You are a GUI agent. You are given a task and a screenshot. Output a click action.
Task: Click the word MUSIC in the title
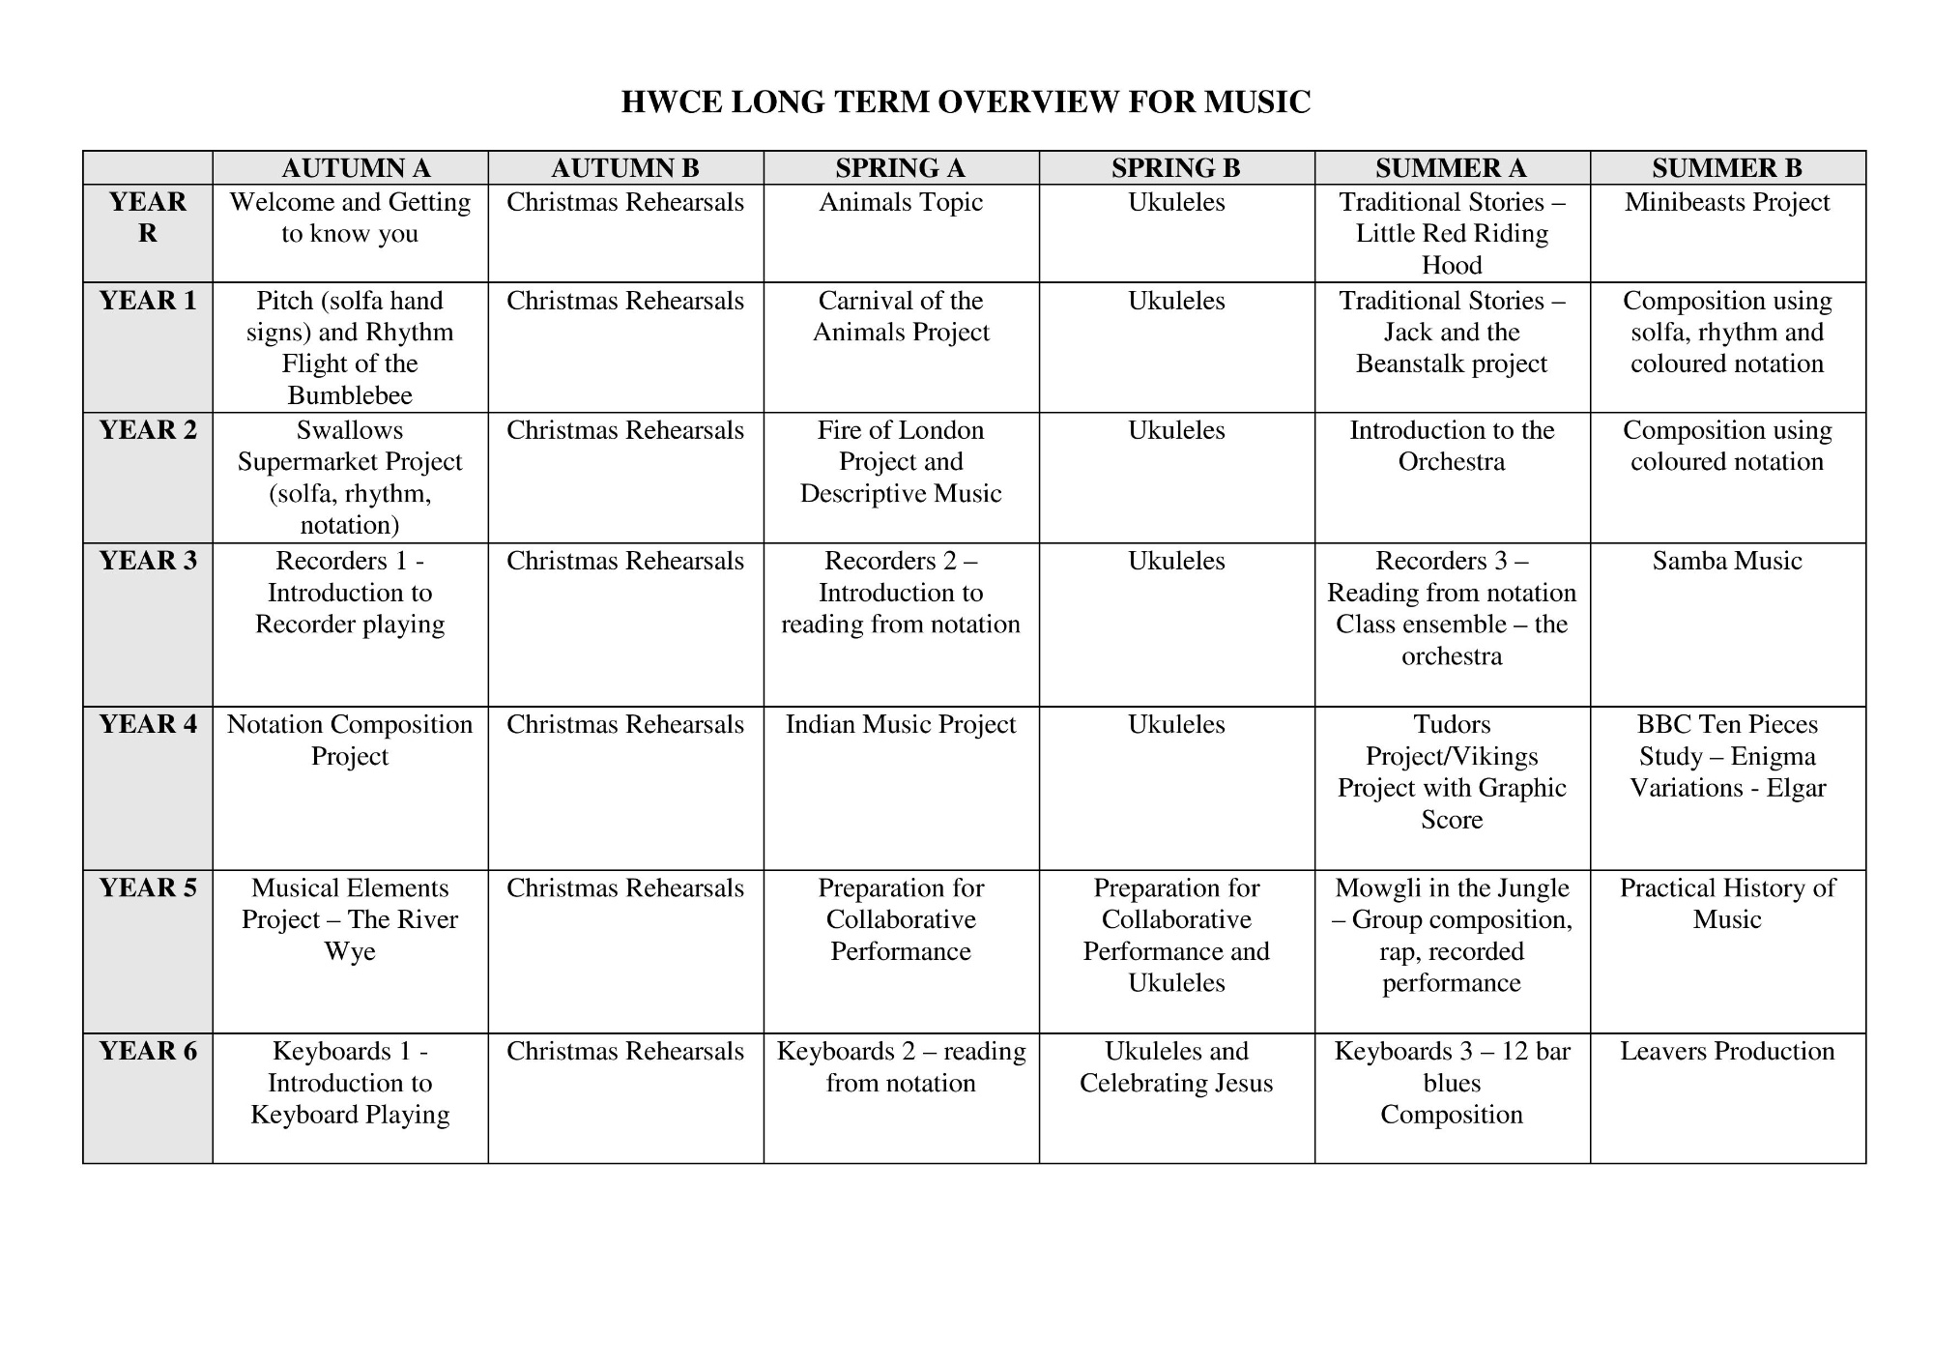pos(1256,102)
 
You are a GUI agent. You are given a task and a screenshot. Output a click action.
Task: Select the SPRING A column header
pos(900,168)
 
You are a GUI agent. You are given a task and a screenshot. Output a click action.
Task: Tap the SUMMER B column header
pos(1726,168)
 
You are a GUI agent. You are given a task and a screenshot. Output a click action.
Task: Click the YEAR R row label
pos(147,218)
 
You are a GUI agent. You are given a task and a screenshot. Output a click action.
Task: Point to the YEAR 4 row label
pos(147,724)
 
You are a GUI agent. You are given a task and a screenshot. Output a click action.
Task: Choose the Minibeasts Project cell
pos(1726,202)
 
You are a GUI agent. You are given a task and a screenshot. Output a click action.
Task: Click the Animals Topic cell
pos(900,202)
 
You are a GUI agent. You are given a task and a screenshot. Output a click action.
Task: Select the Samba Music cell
pos(1726,561)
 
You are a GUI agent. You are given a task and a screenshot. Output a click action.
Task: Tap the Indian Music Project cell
pos(900,724)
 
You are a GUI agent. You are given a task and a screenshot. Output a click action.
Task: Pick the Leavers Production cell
pos(1726,1051)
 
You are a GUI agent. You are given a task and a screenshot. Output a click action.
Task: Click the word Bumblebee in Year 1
pos(350,395)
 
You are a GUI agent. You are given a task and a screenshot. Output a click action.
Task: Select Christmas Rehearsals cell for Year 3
pos(625,561)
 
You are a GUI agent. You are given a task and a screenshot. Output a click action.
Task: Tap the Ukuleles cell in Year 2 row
pos(1176,430)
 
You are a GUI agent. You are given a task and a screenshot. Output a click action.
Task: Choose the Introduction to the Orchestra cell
pos(1452,446)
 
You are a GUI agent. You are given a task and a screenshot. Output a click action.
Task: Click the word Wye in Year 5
pos(350,951)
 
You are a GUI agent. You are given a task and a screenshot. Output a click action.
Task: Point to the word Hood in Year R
pos(1452,265)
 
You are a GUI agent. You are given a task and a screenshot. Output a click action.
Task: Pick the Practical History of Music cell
pos(1726,903)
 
